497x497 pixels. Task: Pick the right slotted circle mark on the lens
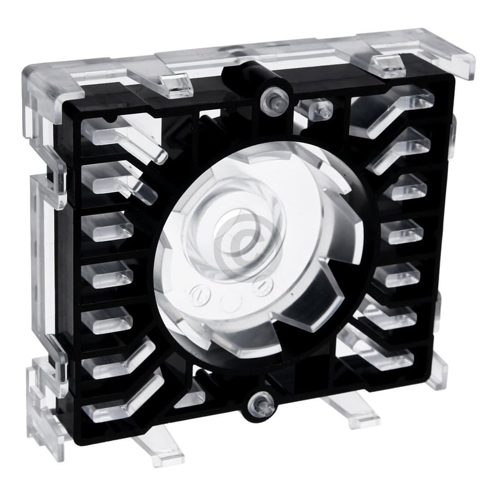[x=263, y=286]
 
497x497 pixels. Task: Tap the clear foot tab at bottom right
[x=348, y=413]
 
